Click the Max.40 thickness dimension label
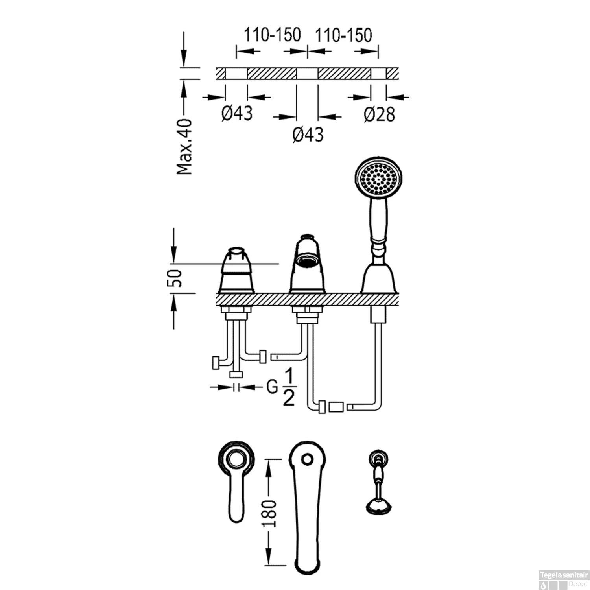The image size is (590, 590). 184,146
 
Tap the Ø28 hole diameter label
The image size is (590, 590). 379,114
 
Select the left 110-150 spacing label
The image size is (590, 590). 272,35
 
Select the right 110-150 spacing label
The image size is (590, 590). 343,35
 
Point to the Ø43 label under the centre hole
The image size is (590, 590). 308,135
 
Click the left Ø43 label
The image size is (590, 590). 237,114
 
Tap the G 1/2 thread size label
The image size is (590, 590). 281,388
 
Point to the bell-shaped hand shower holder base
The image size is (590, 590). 379,279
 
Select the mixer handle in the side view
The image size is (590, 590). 236,271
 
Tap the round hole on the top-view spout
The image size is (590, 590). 308,459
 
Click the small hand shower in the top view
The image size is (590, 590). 379,484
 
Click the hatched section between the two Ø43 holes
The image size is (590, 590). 271,73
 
